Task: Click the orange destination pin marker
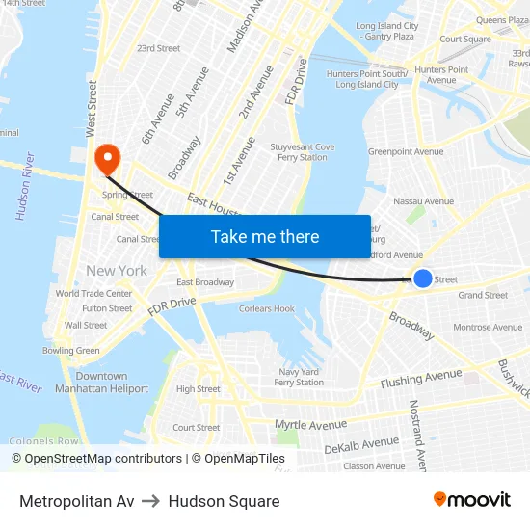pos(105,157)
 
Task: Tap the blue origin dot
pos(423,278)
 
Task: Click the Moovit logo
pos(471,500)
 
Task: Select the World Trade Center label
pos(93,294)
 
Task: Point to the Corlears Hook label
pos(267,309)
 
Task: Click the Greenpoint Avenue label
pos(406,151)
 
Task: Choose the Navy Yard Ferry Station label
pos(299,377)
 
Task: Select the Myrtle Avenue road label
pos(310,424)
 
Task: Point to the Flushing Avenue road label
pos(421,378)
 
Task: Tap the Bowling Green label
pos(70,351)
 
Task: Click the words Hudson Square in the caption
pos(224,501)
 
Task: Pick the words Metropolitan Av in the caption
pos(77,501)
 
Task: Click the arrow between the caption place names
pos(151,501)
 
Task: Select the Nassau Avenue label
pos(424,201)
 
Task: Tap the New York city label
pos(117,271)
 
